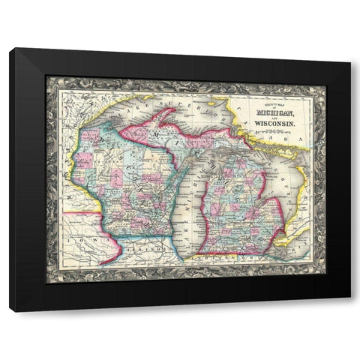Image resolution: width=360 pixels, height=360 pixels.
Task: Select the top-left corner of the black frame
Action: click(10, 49)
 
